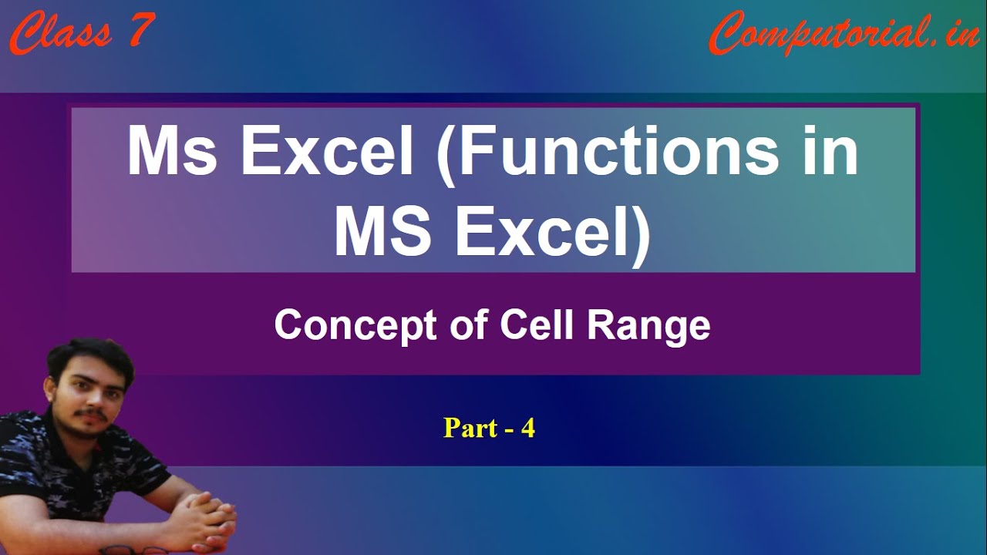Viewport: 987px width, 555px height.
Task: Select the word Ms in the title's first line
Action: click(172, 150)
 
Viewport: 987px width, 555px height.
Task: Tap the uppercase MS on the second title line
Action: click(383, 231)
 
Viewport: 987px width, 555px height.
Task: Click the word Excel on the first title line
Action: click(326, 150)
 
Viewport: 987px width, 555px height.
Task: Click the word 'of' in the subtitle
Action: click(469, 325)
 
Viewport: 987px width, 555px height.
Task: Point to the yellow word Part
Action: click(470, 427)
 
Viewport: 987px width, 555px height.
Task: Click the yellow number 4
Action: click(528, 427)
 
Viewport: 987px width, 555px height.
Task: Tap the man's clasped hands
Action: click(206, 520)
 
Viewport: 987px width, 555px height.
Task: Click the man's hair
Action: click(90, 359)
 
